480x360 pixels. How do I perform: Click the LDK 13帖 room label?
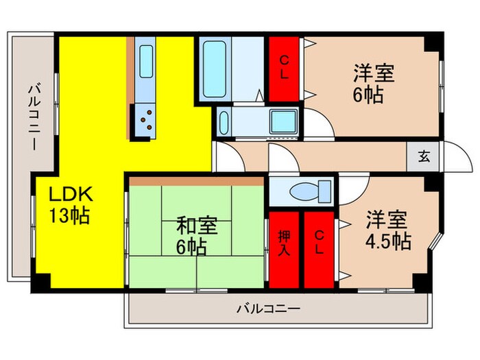click(x=69, y=205)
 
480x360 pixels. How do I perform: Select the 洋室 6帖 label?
click(x=368, y=83)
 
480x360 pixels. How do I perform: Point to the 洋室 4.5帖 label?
click(x=384, y=231)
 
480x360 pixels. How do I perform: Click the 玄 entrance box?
click(x=423, y=156)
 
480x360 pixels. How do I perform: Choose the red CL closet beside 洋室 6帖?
click(x=284, y=67)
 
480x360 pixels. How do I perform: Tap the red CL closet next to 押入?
click(x=319, y=250)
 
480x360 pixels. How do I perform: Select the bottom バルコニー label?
click(x=268, y=309)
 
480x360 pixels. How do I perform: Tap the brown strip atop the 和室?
click(x=197, y=181)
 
